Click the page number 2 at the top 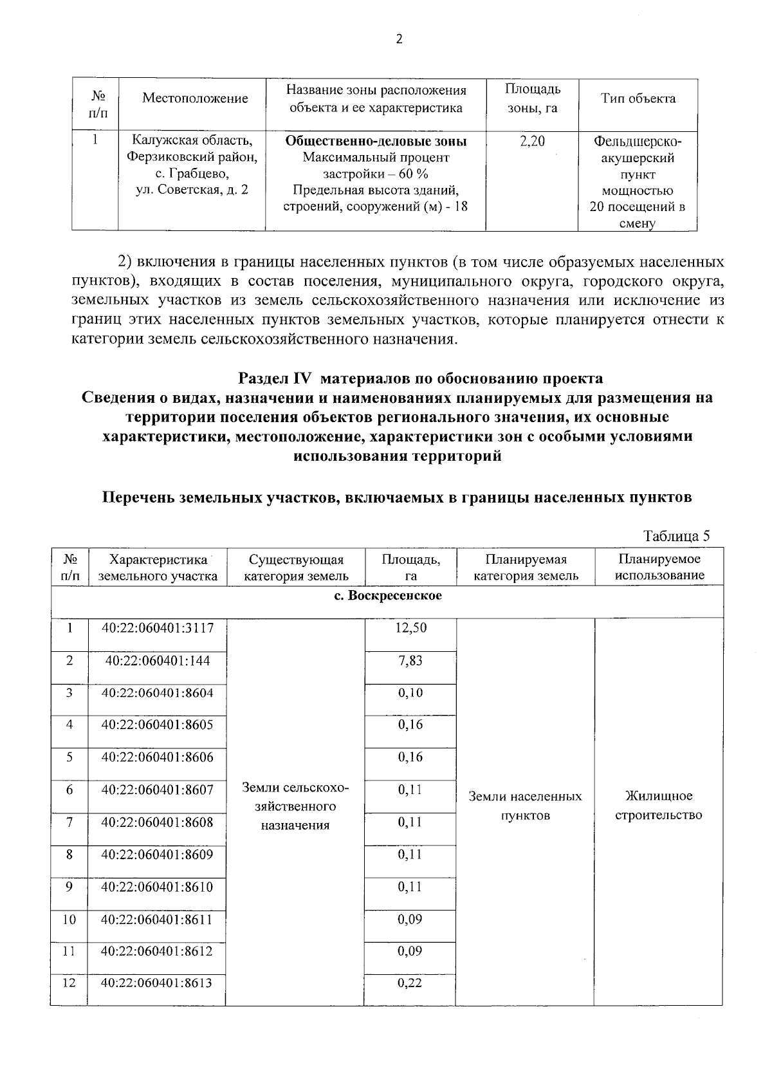pyautogui.click(x=398, y=40)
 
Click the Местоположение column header pyautogui.click(x=195, y=98)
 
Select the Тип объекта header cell pyautogui.click(x=638, y=98)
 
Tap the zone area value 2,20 pyautogui.click(x=532, y=141)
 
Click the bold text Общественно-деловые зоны pyautogui.click(x=376, y=141)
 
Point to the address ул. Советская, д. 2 pyautogui.click(x=192, y=190)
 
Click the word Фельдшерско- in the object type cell pyautogui.click(x=638, y=141)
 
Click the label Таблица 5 pyautogui.click(x=676, y=536)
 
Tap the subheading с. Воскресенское pyautogui.click(x=388, y=595)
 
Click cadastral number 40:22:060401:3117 pyautogui.click(x=157, y=627)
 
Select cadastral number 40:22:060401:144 pyautogui.click(x=157, y=660)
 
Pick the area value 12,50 pyautogui.click(x=410, y=627)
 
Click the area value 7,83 pyautogui.click(x=410, y=660)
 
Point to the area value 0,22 pyautogui.click(x=410, y=983)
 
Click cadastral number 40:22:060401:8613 pyautogui.click(x=157, y=983)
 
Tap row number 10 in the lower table pyautogui.click(x=69, y=920)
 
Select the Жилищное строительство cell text pyautogui.click(x=658, y=806)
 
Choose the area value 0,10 pyautogui.click(x=410, y=692)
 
